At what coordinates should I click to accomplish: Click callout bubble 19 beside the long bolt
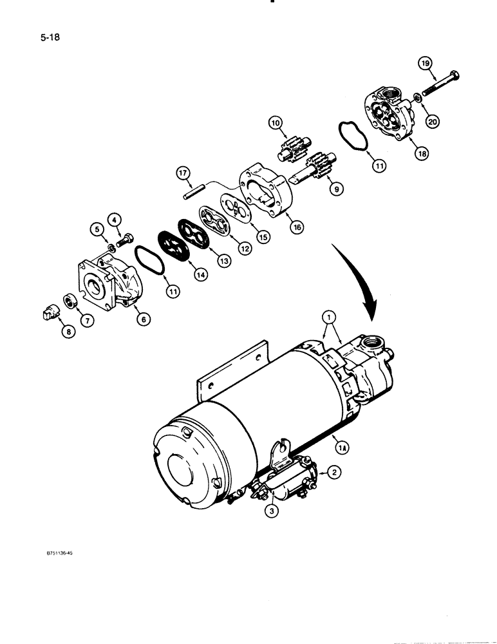pos(424,63)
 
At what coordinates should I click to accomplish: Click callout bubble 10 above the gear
pos(276,122)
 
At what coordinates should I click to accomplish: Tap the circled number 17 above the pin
pos(183,173)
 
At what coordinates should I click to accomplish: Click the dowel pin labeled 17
pos(193,193)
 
